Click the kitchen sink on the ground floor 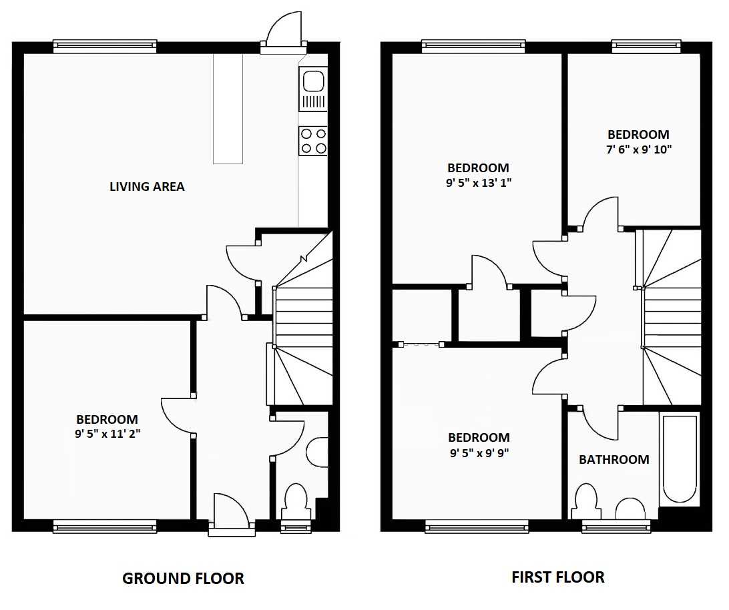click(x=313, y=89)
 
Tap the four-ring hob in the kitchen click(x=313, y=141)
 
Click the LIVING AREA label click(x=147, y=186)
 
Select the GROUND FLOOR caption click(x=183, y=579)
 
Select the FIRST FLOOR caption click(x=558, y=577)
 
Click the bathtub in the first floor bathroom click(x=680, y=459)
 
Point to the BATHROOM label click(x=614, y=459)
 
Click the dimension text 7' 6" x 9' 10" click(x=639, y=149)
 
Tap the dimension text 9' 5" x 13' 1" click(x=479, y=183)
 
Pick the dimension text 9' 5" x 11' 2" click(x=107, y=434)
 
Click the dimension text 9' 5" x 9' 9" click(x=479, y=452)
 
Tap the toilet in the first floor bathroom click(x=586, y=501)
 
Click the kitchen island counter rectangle click(x=228, y=109)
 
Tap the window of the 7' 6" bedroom click(x=646, y=45)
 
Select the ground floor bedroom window click(x=105, y=527)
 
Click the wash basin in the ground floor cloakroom click(x=317, y=452)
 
